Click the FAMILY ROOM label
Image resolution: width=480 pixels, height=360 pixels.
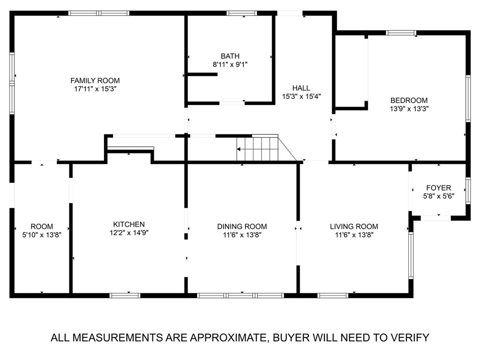click(x=95, y=80)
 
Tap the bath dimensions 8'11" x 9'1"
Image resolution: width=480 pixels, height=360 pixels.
click(x=230, y=65)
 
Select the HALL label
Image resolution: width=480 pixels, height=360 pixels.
click(x=301, y=88)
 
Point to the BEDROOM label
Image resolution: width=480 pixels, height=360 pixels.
click(x=409, y=100)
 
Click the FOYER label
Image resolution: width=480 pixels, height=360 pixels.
click(x=438, y=188)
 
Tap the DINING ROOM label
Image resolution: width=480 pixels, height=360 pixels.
click(x=242, y=226)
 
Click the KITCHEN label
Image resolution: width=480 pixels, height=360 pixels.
click(x=128, y=224)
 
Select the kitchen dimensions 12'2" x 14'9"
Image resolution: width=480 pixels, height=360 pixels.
click(x=128, y=232)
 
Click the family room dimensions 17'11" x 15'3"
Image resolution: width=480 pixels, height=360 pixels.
click(x=95, y=89)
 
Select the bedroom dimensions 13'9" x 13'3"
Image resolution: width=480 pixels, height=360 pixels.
click(x=409, y=108)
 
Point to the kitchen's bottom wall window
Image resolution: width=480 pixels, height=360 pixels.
click(x=125, y=295)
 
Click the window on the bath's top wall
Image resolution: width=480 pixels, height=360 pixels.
click(x=242, y=13)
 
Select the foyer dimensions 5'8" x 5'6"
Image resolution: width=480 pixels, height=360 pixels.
click(x=438, y=196)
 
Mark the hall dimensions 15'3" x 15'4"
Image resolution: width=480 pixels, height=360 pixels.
click(x=301, y=96)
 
